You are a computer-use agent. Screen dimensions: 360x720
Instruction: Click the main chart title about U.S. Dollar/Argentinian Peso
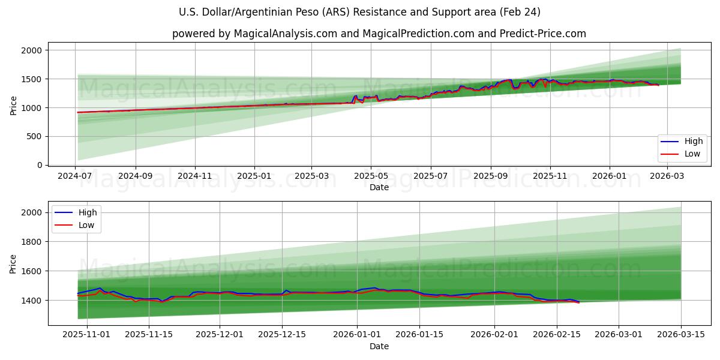click(359, 12)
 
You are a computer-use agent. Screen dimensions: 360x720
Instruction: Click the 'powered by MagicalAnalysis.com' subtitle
click(379, 34)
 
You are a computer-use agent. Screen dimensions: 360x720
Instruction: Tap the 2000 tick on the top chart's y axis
click(32, 50)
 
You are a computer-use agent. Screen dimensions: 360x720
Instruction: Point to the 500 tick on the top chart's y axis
click(34, 136)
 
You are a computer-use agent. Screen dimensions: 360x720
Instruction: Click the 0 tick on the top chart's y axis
click(40, 165)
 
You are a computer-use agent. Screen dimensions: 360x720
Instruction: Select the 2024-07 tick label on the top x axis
click(76, 176)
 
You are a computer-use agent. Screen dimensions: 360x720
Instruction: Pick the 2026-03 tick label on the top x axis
click(667, 176)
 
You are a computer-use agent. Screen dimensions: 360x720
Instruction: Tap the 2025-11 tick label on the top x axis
click(550, 176)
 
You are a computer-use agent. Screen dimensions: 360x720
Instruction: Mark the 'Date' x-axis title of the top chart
click(379, 187)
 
